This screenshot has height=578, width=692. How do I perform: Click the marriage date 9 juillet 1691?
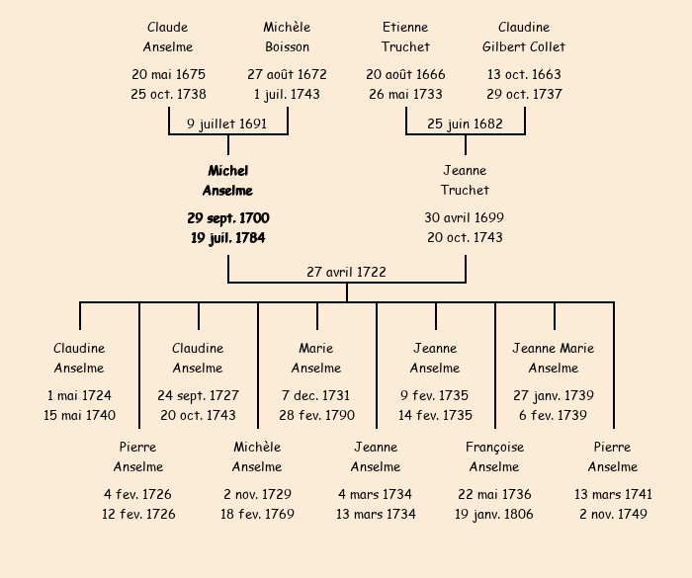pos(227,124)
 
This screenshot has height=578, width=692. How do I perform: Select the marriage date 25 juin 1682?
pos(465,124)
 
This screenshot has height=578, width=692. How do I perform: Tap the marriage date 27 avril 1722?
pos(346,272)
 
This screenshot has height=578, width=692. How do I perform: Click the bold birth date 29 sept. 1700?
pos(227,217)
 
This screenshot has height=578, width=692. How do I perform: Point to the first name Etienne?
pos(405,27)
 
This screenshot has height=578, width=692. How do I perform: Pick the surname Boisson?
pos(287,46)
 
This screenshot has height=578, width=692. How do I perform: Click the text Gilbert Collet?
pos(524,46)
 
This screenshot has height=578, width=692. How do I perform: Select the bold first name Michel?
pos(227,171)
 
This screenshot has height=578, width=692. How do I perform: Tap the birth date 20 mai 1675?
pos(168,74)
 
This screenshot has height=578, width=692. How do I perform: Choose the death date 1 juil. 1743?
pos(287,94)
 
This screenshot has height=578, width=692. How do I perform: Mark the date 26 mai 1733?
pos(405,94)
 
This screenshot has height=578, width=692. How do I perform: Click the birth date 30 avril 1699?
pos(465,217)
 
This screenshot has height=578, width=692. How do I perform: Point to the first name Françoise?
pos(494,447)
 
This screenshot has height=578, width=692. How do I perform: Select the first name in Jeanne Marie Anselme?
pos(554,348)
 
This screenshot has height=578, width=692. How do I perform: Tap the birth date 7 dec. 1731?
pos(316,395)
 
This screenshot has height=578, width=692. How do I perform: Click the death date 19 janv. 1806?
pos(494,514)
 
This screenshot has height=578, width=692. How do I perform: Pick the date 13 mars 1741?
pos(613,494)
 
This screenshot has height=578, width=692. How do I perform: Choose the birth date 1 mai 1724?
pos(79,395)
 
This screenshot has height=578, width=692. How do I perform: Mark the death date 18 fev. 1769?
pos(257,514)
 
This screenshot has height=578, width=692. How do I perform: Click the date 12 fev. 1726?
pos(138,514)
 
